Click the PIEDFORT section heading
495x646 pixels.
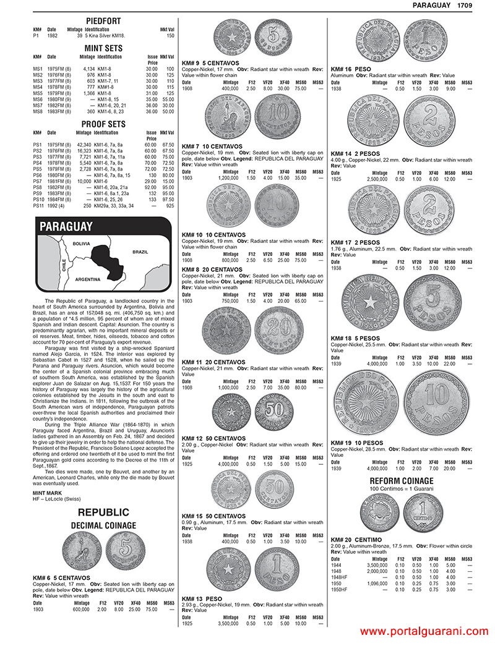pos(103,22)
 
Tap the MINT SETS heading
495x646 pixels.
pos(103,48)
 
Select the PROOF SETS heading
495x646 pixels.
pos(103,124)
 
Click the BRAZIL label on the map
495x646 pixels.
pos(140,252)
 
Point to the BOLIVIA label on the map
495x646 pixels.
pos(82,244)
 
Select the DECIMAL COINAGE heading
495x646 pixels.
pos(103,525)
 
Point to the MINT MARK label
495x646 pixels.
pos(47,492)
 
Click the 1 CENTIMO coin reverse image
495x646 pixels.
pos(423,511)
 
